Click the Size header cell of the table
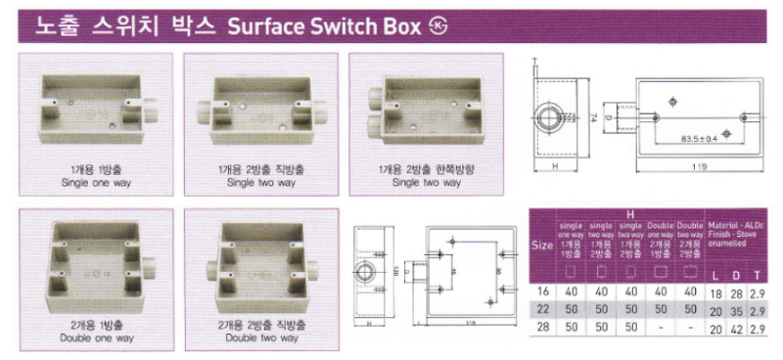pos(541,246)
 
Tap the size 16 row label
pos(541,292)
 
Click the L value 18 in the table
pos(717,292)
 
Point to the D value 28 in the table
pos(737,292)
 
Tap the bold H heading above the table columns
pos(629,215)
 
